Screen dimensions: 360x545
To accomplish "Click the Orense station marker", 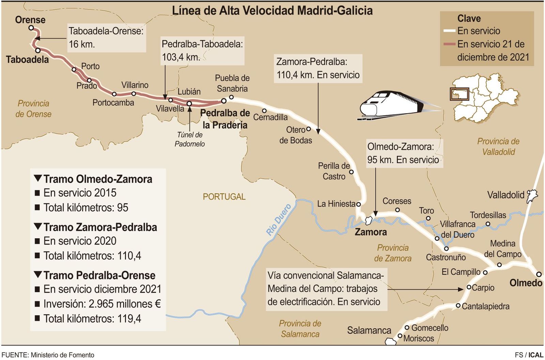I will tap(31, 28).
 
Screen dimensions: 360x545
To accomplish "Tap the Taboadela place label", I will tap(27, 60).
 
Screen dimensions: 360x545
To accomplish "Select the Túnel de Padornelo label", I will tap(190, 139).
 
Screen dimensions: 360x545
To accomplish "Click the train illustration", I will tap(392, 105).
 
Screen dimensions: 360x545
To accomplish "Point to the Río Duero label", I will tap(279, 220).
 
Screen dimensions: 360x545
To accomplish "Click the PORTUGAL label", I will tap(224, 197).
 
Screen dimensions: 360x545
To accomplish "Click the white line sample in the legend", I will tap(449, 31).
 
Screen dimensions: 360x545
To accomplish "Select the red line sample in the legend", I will tap(449, 44).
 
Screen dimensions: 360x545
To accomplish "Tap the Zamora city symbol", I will tap(368, 221).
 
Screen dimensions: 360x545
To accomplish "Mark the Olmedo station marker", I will tap(539, 274).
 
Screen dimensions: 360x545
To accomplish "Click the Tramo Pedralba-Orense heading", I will tap(99, 275).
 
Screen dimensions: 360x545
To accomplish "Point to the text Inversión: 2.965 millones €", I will tap(102, 304).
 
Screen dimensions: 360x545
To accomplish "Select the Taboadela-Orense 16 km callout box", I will tap(106, 37).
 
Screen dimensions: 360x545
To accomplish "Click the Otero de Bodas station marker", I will tap(308, 129).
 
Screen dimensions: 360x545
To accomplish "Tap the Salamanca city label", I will tap(369, 330).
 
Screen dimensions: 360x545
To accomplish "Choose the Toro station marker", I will tap(428, 219).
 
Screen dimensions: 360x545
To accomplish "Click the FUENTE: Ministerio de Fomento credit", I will tap(48, 355).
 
